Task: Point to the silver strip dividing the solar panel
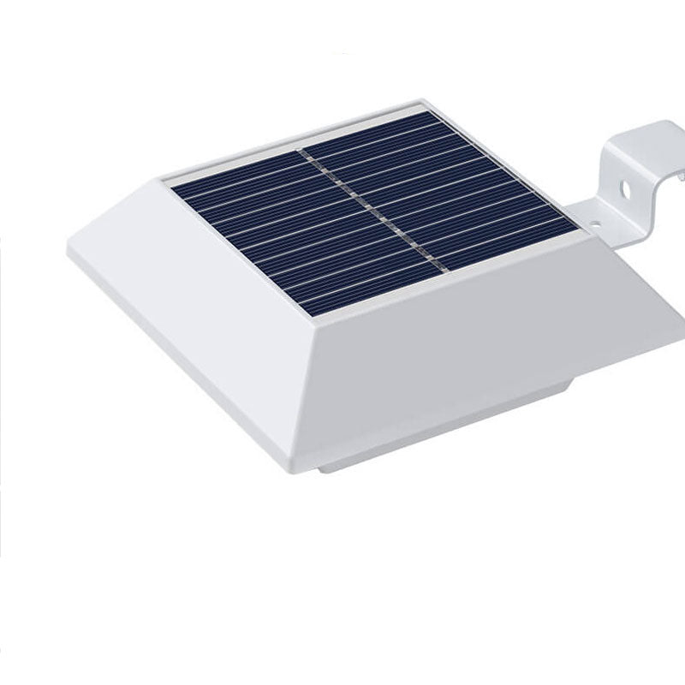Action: (368, 205)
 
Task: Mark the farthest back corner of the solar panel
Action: (421, 110)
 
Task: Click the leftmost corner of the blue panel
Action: (171, 187)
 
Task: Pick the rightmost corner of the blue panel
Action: (579, 229)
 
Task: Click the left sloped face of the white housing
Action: (197, 283)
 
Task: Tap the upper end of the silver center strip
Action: (302, 152)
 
